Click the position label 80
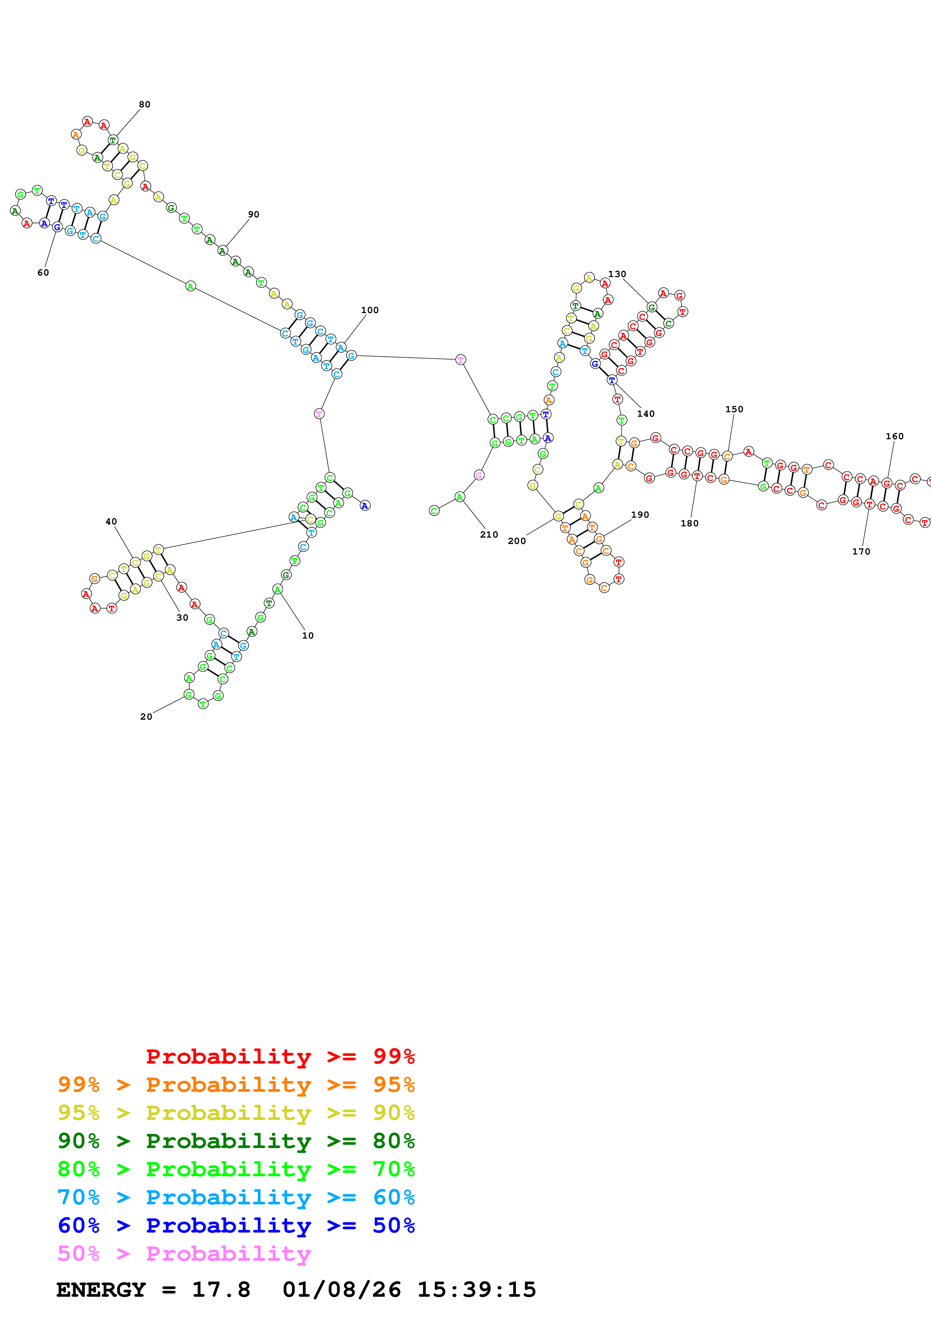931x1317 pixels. (145, 104)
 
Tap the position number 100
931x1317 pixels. (370, 310)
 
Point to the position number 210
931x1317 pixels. (489, 535)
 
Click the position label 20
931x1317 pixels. (146, 716)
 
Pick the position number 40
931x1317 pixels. (111, 521)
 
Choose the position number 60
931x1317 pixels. (43, 273)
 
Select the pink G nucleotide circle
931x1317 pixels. (479, 475)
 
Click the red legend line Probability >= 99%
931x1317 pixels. (280, 1056)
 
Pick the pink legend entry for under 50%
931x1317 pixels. (184, 1253)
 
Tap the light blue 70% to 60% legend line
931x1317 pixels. (236, 1197)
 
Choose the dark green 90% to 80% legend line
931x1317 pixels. (236, 1141)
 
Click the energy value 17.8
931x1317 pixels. (221, 1290)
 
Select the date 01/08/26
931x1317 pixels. (341, 1290)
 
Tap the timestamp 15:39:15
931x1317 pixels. (476, 1290)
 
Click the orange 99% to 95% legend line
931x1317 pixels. (236, 1085)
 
